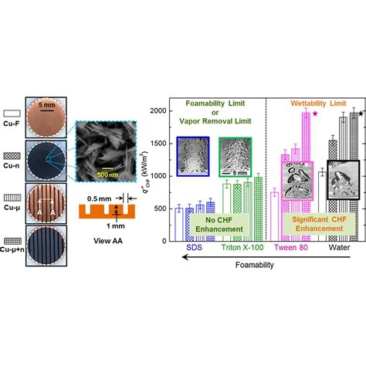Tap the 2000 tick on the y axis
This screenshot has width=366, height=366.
[159, 111]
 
